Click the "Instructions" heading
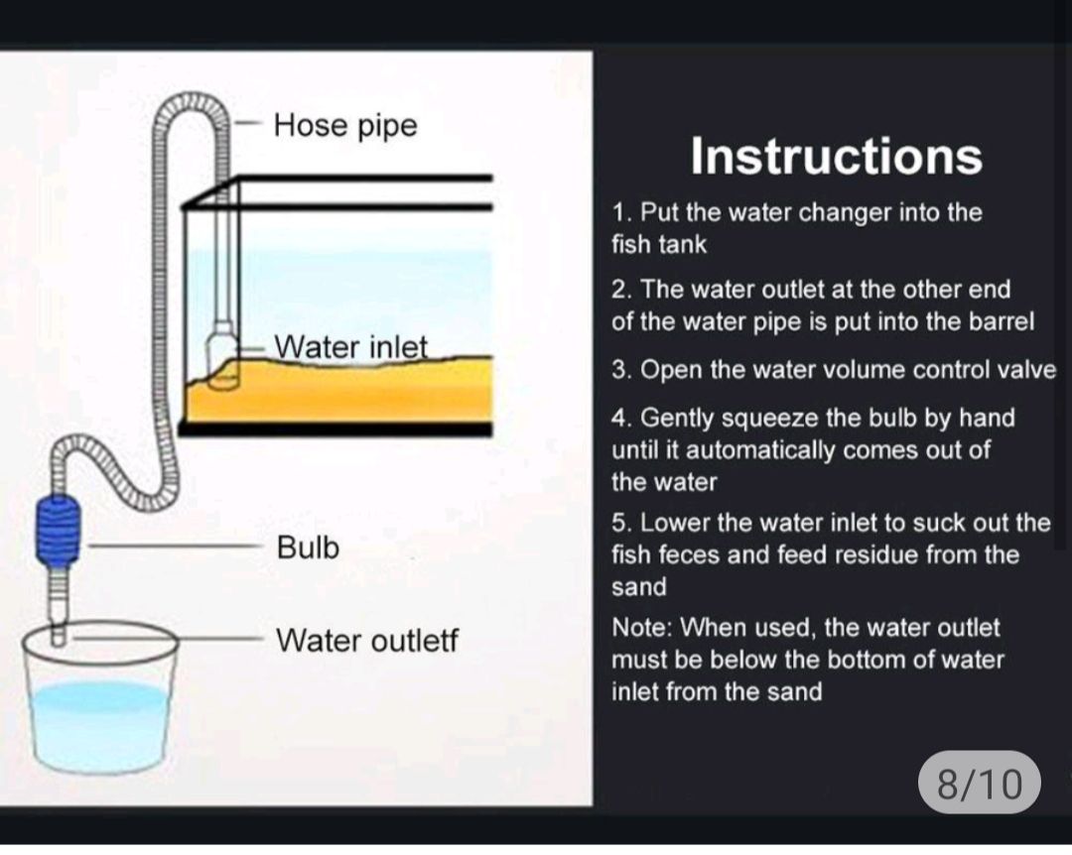tap(836, 157)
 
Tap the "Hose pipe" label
tap(345, 126)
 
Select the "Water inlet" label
tap(350, 346)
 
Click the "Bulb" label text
tap(308, 548)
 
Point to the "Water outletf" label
tap(367, 641)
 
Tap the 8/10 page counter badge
tap(979, 784)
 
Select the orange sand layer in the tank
tap(339, 390)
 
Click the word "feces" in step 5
tap(677, 555)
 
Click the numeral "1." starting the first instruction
tap(621, 213)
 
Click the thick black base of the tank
tap(335, 429)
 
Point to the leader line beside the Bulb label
tap(172, 547)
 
